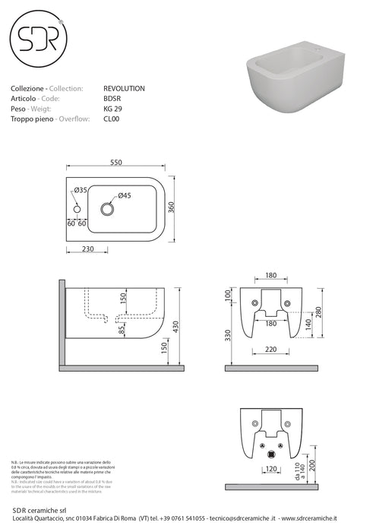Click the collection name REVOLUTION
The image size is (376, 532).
123,89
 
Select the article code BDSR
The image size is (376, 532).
112,99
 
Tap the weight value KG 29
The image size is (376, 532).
112,109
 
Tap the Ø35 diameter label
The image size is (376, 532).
81,189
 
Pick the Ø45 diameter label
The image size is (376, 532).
123,196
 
